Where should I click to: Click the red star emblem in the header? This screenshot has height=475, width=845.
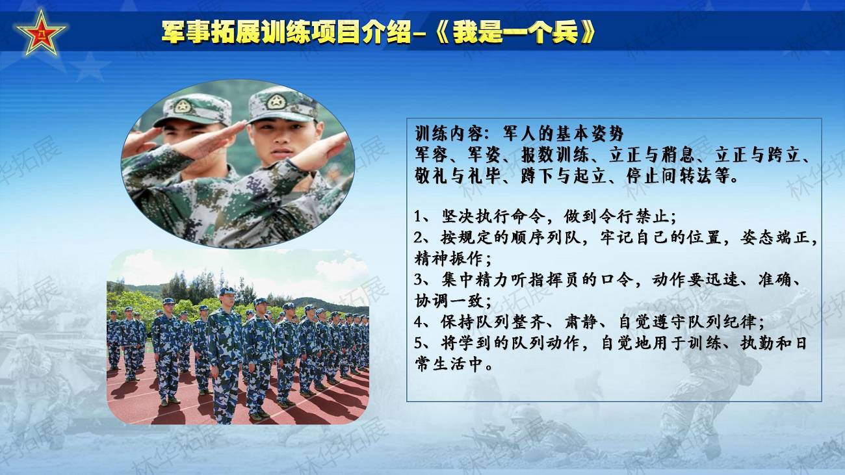click(x=41, y=34)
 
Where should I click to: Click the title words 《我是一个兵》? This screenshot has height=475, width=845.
click(x=515, y=32)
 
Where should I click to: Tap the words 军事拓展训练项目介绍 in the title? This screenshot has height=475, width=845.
click(x=286, y=32)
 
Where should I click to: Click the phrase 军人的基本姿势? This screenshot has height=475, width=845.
click(x=563, y=134)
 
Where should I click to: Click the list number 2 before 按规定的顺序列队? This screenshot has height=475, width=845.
click(x=418, y=238)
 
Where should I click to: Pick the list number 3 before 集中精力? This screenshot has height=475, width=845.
click(x=418, y=280)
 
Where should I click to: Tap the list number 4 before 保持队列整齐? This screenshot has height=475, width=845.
click(x=418, y=322)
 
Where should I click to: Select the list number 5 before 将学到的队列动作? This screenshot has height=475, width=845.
click(x=418, y=344)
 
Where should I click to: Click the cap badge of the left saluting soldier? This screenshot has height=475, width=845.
click(x=183, y=107)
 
